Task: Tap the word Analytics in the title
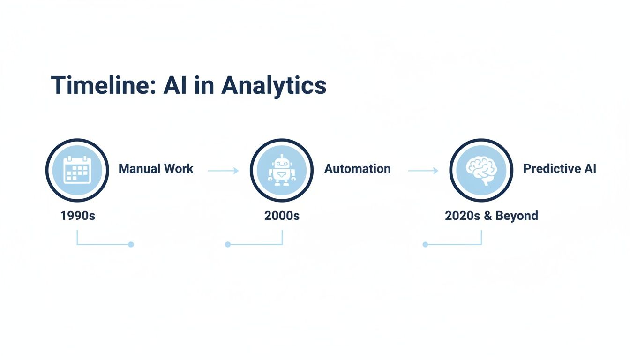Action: tap(274, 86)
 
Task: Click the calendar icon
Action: tap(77, 170)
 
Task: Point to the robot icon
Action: tap(281, 170)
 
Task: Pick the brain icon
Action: tap(481, 170)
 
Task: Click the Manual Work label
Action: tap(156, 169)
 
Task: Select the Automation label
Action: tap(357, 169)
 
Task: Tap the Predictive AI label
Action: tap(559, 169)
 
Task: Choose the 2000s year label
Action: tap(282, 216)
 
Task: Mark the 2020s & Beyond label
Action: tap(491, 216)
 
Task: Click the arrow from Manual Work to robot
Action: tap(223, 171)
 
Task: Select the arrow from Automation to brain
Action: tap(423, 171)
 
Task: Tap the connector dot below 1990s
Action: tap(131, 244)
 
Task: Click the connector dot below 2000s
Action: tap(228, 244)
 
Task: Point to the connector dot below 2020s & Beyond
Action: tap(425, 244)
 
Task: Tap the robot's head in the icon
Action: tap(282, 163)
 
